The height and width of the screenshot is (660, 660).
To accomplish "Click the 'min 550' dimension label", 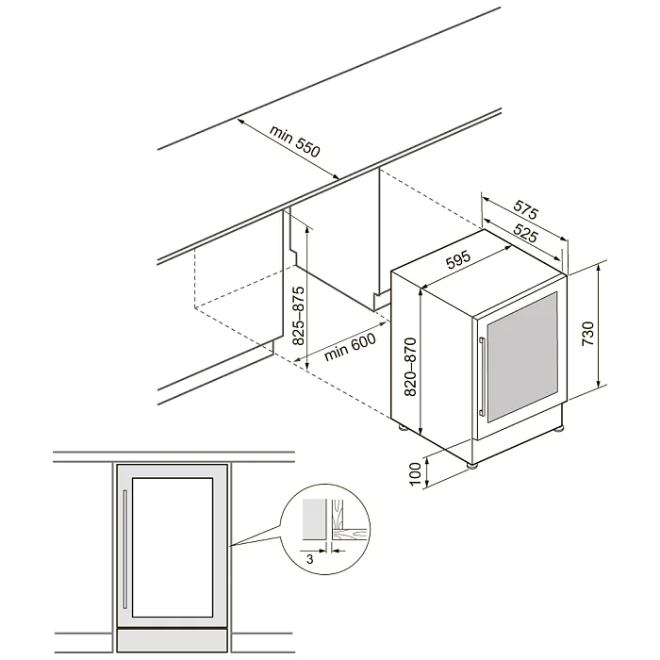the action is (295, 141).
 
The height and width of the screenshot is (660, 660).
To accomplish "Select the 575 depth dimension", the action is (526, 209).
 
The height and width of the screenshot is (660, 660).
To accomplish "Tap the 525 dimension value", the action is (525, 233).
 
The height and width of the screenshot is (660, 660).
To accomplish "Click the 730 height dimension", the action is (587, 334).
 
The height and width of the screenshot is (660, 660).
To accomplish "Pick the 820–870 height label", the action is (410, 367).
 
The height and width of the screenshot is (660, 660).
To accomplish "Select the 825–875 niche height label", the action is (298, 316).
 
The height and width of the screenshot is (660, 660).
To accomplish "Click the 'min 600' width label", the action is (350, 347).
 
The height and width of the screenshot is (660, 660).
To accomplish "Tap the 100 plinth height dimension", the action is (415, 474).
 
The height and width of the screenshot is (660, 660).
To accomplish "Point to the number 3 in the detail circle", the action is (310, 559).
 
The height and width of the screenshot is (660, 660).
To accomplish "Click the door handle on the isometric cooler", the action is (482, 377).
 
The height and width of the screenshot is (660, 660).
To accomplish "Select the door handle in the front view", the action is (124, 549).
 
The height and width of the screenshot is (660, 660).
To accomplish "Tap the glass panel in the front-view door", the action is (173, 547).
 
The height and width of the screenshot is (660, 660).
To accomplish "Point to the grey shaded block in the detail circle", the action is (314, 519).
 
